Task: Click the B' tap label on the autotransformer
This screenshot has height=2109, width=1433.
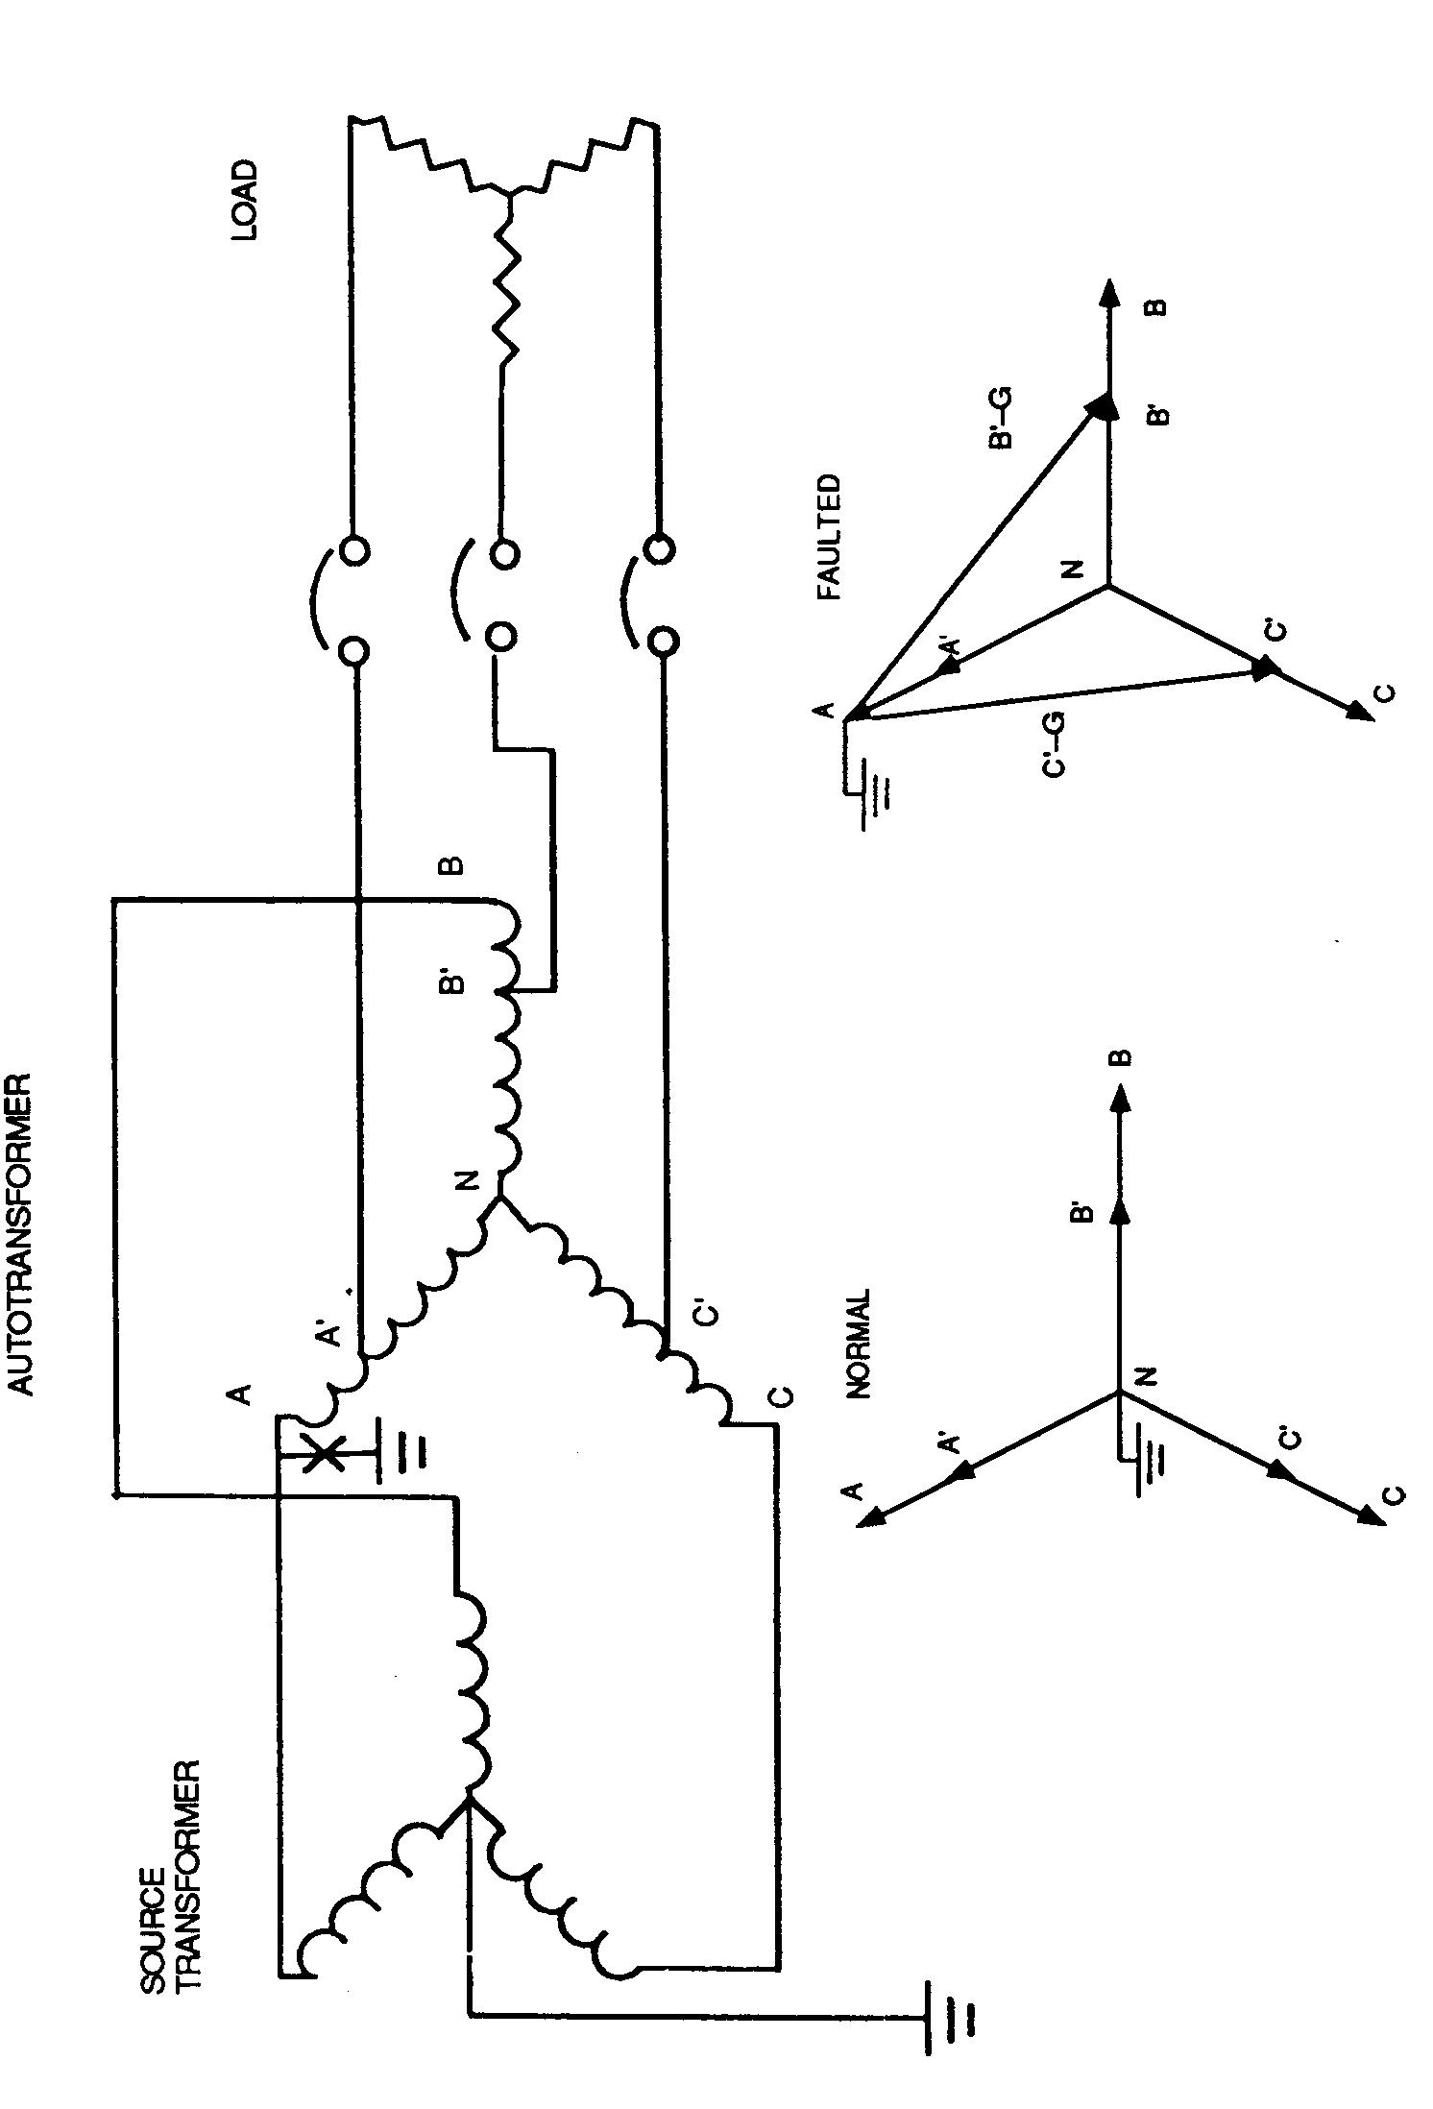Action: tap(453, 982)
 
